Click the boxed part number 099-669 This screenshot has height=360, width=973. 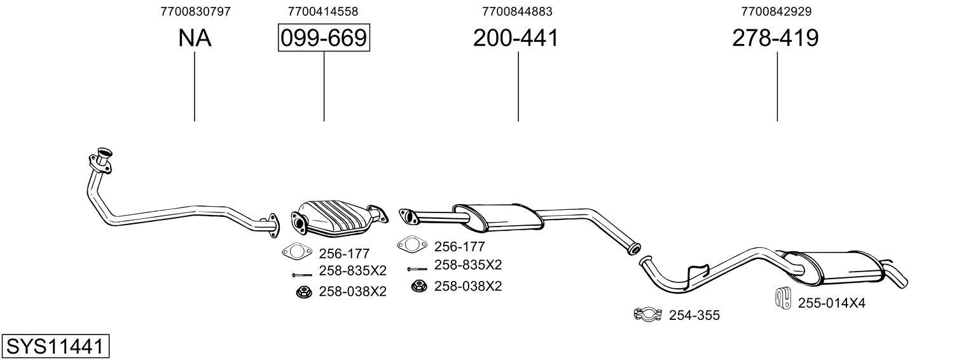click(x=324, y=38)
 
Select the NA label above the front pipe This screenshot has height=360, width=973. click(x=194, y=38)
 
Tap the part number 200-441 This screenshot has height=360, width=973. click(x=515, y=38)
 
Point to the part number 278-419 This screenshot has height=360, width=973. click(x=775, y=38)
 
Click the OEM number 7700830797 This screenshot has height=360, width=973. click(x=195, y=11)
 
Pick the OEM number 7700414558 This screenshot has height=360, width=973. click(x=322, y=11)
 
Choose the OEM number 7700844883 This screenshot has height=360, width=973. click(x=517, y=11)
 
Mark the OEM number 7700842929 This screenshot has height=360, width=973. click(x=776, y=11)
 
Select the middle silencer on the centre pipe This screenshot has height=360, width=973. click(x=498, y=216)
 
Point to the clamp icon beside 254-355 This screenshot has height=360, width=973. click(x=647, y=314)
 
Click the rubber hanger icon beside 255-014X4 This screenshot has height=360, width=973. click(x=782, y=299)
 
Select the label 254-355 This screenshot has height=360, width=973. click(x=694, y=315)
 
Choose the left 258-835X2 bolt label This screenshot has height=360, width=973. click(x=352, y=271)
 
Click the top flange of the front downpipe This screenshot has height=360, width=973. click(x=102, y=156)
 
